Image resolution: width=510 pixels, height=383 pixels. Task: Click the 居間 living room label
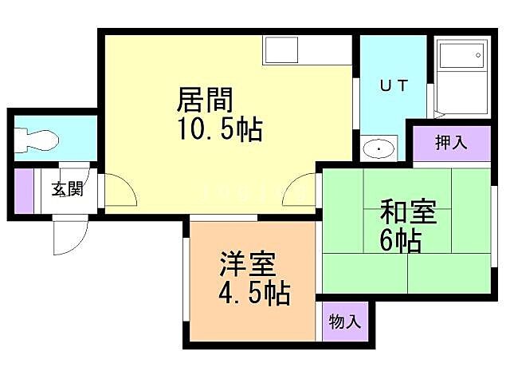point(204,101)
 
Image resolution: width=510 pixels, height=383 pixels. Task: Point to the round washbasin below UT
point(379,149)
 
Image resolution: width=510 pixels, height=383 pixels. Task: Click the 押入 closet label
point(450,143)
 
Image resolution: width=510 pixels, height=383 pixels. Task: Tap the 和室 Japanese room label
point(406,213)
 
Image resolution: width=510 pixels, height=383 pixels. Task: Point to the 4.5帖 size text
point(253,293)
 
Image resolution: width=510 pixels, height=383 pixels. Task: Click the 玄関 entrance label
point(68,190)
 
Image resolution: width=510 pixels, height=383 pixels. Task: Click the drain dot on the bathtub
point(478,56)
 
